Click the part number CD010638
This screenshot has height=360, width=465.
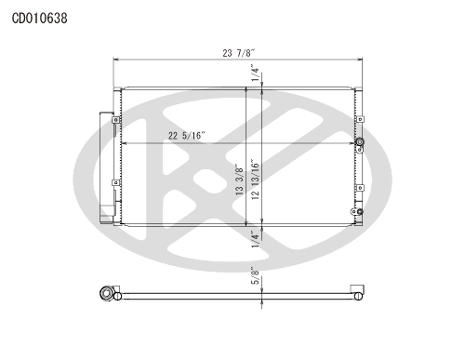pos(39,19)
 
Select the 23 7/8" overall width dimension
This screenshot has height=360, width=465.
pos(238,53)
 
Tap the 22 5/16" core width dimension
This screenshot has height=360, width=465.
pos(187,136)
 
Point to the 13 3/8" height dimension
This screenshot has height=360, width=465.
pos(240,180)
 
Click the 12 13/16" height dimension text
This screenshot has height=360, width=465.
pos(255,180)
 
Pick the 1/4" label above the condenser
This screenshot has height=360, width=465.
pos(255,73)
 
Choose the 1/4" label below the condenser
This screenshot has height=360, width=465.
pos(255,239)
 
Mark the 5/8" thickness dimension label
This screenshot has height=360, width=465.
pos(255,275)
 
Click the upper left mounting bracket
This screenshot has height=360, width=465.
pos(115,120)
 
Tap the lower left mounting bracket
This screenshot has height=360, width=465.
pos(115,183)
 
